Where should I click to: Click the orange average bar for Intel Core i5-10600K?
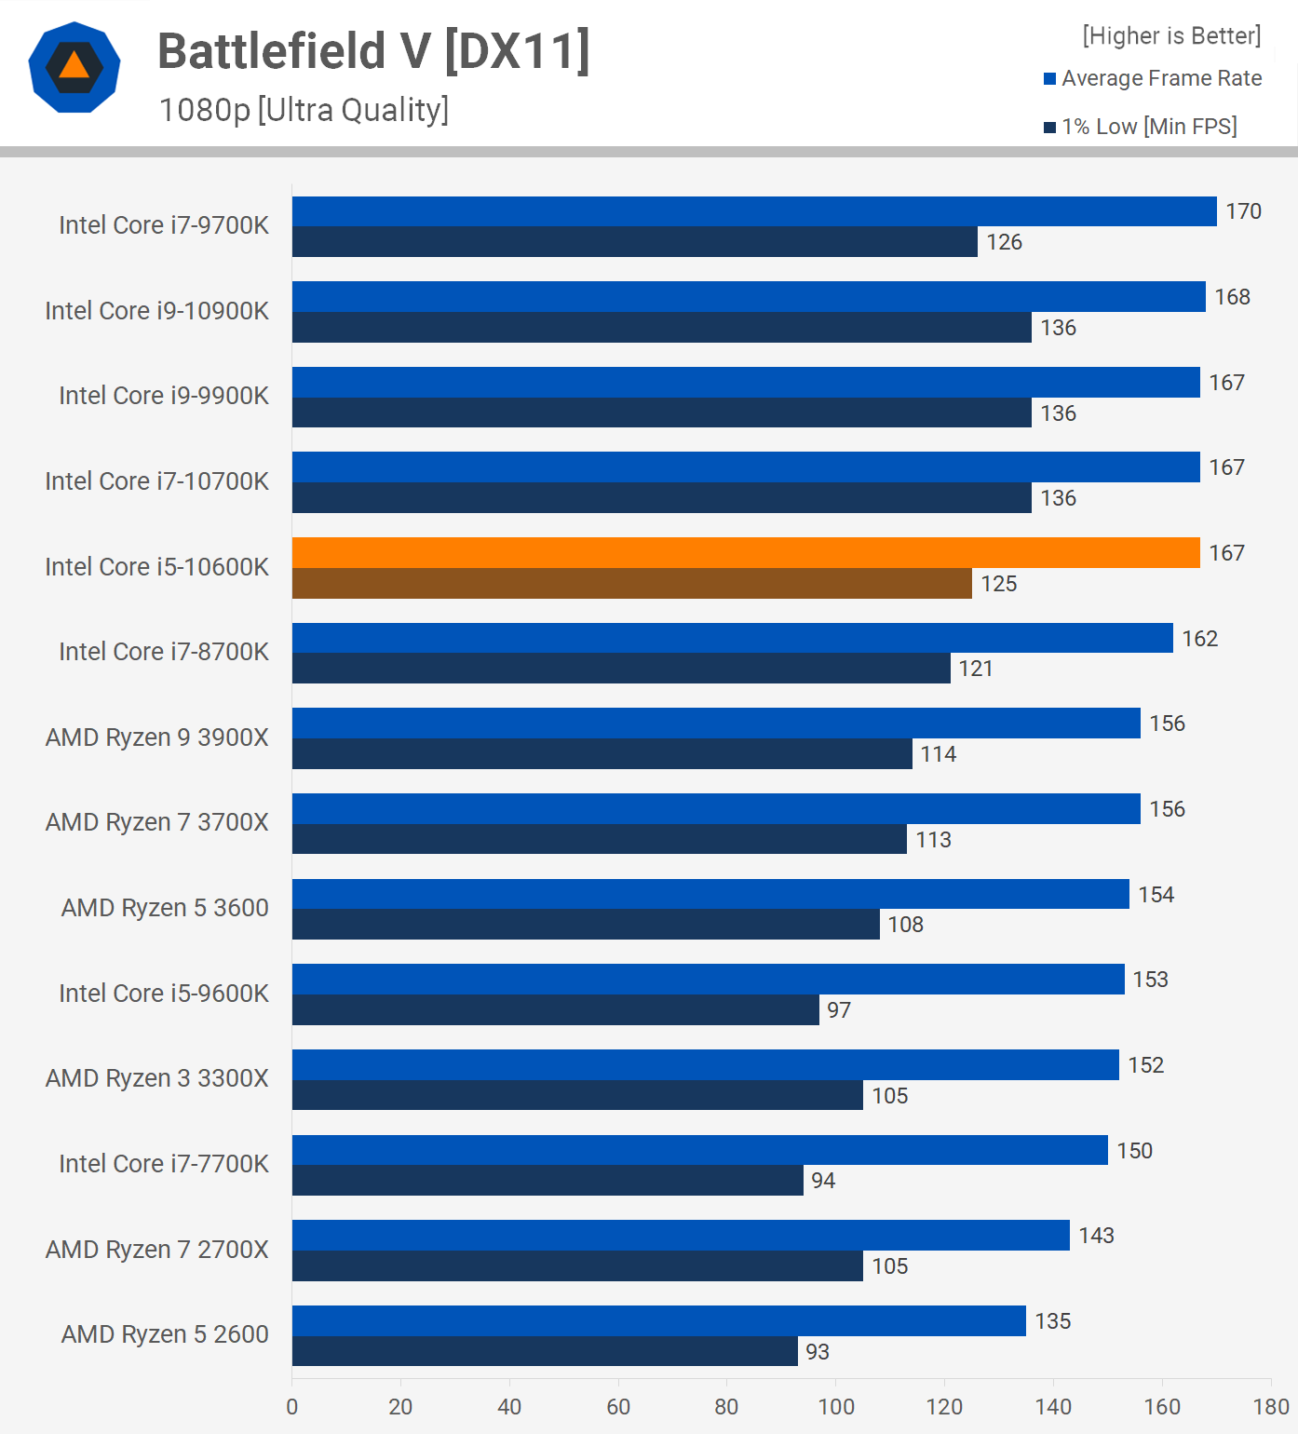pos(745,552)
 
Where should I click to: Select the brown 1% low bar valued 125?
pos(631,584)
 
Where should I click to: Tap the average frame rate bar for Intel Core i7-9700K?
pos(754,211)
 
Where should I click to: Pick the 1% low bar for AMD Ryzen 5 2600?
pos(545,1351)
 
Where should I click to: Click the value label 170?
pos(1243,211)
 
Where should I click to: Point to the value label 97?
pos(839,1010)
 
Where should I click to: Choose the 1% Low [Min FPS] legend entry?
pos(1141,127)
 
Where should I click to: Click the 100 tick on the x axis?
pos(836,1406)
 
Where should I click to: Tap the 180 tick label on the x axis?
pos(1270,1406)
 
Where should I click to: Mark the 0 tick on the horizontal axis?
pos(292,1406)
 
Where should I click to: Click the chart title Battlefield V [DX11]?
pos(373,51)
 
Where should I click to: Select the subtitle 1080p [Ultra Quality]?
pos(304,110)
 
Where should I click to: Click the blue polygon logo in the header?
pos(74,67)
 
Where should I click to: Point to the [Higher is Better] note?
pos(1171,35)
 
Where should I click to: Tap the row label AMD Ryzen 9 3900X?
pos(156,737)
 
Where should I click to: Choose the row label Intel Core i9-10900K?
pos(156,311)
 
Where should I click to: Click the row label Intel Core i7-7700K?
pos(164,1164)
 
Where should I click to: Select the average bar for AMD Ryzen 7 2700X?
pos(681,1236)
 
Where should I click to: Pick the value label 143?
pos(1096,1236)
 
